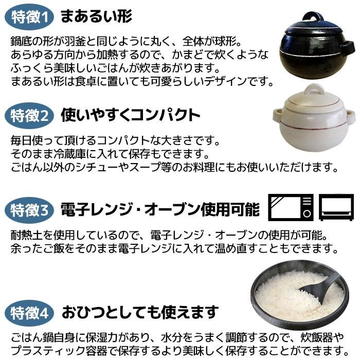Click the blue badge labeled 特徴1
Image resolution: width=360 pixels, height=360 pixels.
[29, 17]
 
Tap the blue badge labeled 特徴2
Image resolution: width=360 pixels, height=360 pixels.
[29, 116]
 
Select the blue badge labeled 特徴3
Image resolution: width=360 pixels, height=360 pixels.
[29, 210]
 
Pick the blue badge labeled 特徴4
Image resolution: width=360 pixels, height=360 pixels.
[29, 313]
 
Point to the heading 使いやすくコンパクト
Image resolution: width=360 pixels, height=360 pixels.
[131, 115]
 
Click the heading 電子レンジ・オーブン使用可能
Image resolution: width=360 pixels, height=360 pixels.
[160, 209]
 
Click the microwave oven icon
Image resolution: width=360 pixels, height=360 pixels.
[291, 207]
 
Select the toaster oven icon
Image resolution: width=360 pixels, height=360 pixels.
[336, 207]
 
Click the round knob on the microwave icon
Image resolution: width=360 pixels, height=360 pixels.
[307, 214]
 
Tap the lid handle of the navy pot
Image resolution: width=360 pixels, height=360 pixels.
[313, 17]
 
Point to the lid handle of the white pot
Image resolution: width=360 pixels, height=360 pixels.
[314, 89]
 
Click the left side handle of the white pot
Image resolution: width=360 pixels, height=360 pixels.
[278, 115]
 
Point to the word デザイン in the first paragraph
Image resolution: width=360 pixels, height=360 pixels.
[226, 81]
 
